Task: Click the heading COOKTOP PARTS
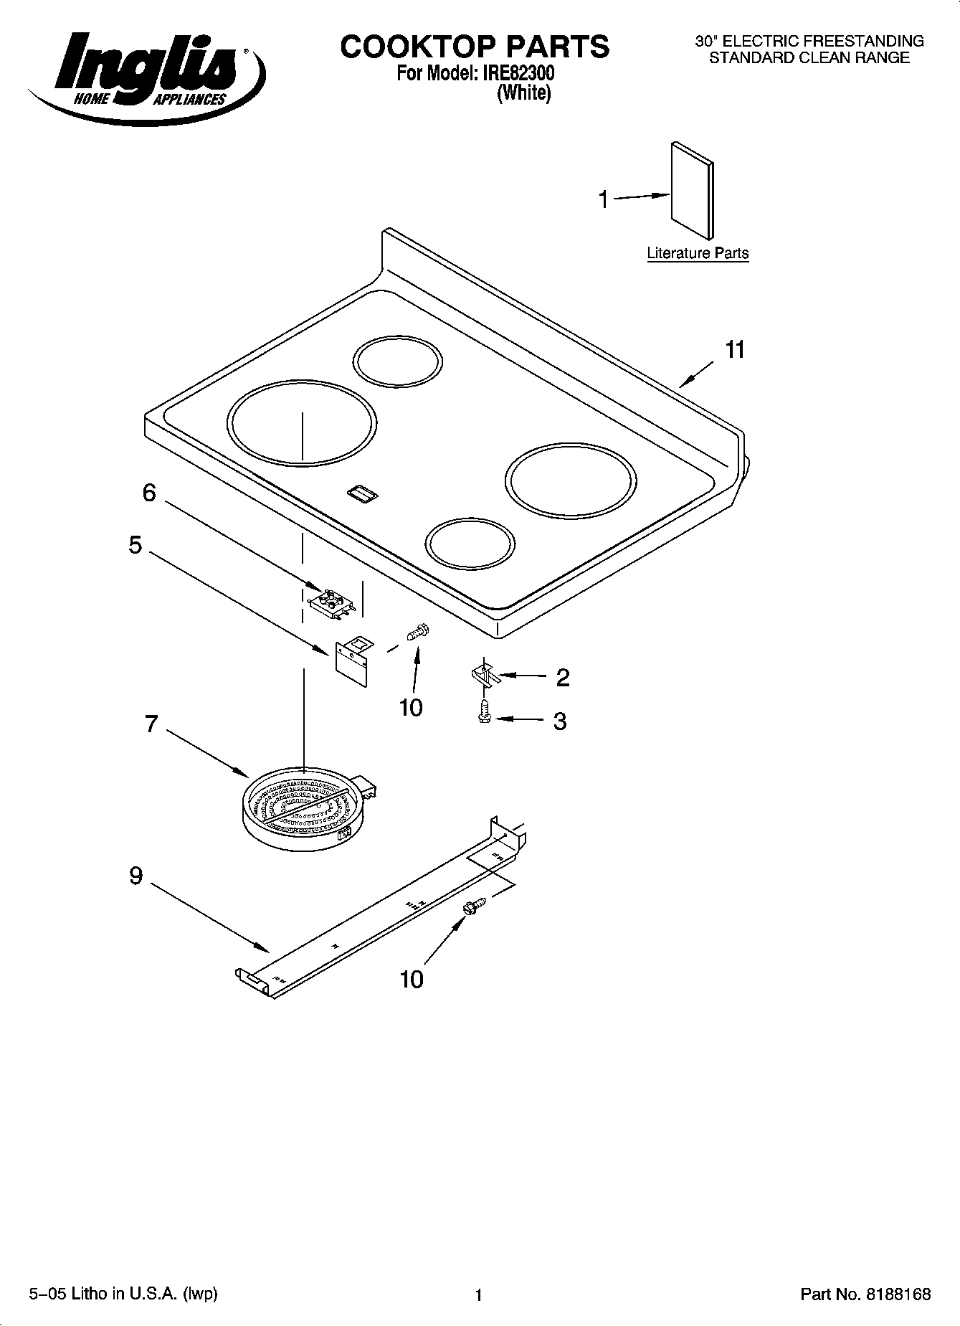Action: (475, 47)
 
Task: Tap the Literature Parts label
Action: (697, 253)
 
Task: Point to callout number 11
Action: (735, 350)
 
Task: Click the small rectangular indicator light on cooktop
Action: (363, 493)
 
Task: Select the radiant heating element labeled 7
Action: (301, 807)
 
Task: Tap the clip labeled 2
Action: (485, 676)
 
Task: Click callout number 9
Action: (136, 876)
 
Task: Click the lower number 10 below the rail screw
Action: (412, 979)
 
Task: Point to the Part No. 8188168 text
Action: (865, 1294)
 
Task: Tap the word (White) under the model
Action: (523, 93)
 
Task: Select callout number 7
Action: (151, 724)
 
